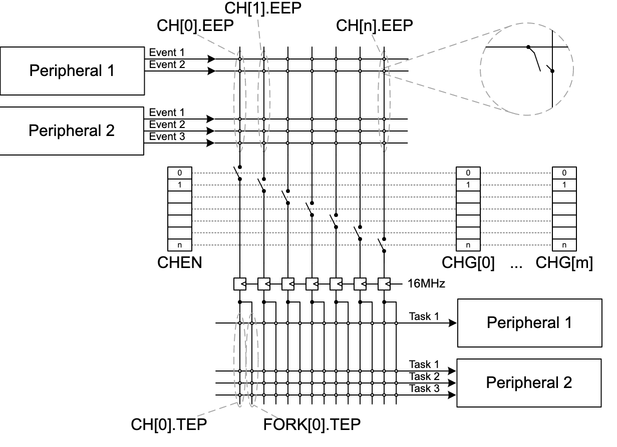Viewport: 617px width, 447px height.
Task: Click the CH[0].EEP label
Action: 195,26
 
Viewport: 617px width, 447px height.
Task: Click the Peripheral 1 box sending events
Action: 72,70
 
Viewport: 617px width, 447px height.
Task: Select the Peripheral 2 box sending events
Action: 72,131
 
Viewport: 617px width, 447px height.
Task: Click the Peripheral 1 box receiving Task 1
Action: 529,322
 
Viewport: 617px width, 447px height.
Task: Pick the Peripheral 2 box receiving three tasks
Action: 529,383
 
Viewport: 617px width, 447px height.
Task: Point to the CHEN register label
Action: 180,262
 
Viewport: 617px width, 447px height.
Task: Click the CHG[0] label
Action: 468,262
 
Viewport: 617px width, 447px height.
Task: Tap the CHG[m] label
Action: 564,262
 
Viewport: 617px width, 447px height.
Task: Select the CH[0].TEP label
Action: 169,425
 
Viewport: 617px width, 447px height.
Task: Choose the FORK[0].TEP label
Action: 312,425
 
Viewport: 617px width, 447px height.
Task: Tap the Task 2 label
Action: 424,376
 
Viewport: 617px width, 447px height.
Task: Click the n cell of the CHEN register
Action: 180,245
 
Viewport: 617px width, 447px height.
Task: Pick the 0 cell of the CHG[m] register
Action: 564,173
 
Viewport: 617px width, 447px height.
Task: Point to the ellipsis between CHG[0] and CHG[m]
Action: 516,263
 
